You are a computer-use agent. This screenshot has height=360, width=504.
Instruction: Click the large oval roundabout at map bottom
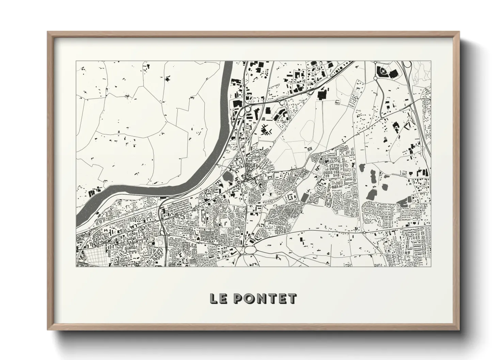point(250,249)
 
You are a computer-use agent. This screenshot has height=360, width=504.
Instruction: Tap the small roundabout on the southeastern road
point(364,233)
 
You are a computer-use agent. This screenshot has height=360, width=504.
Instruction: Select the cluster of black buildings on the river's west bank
point(93,193)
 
